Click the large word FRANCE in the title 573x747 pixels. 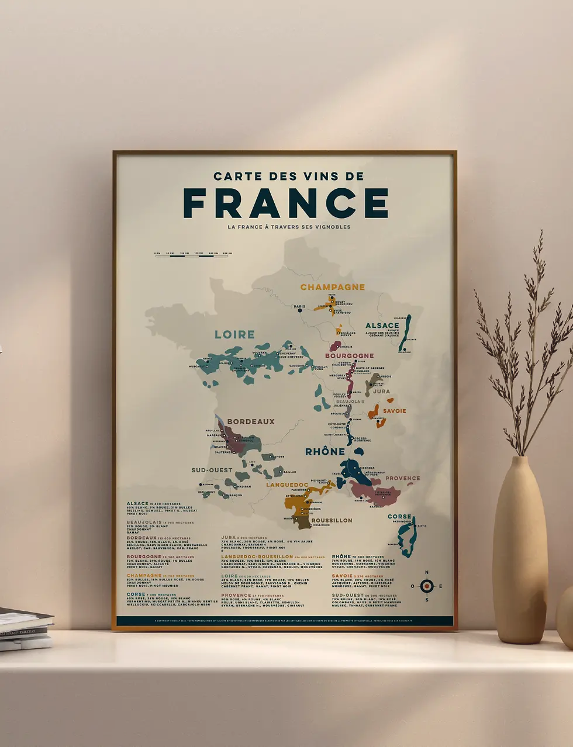coord(285,203)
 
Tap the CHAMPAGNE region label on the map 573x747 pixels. coord(332,287)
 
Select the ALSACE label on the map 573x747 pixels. coord(382,326)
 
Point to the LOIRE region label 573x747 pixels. coord(234,335)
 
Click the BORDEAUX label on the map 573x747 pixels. coord(250,421)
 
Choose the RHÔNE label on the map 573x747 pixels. coord(325,452)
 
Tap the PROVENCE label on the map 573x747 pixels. coord(402,478)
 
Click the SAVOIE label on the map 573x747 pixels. coord(394,411)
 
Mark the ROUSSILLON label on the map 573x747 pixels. coord(332,520)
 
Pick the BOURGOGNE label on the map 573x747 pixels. coord(349,355)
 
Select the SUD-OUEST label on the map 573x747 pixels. coord(212,470)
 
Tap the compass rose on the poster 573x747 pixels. coord(427,586)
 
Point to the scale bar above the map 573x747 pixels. coord(192,255)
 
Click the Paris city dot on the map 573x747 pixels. coord(300,310)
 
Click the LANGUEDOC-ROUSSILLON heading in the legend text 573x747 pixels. coord(257,557)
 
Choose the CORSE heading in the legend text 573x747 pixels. coord(136,594)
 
